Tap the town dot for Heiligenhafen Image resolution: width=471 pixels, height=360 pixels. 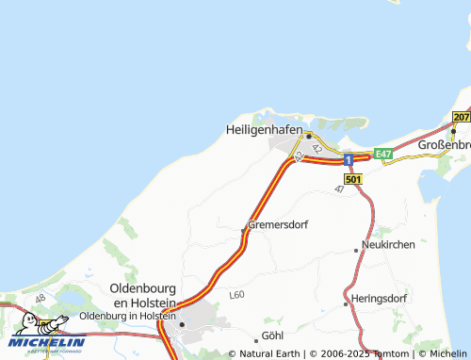(x=308, y=136)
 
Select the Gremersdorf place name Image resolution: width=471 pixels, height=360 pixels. (x=278, y=225)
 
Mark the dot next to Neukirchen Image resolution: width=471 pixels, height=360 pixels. (x=356, y=250)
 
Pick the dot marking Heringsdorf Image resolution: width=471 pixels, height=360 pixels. (x=347, y=303)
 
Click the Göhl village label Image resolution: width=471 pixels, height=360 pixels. (x=273, y=336)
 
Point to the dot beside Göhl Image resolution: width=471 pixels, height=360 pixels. (x=256, y=339)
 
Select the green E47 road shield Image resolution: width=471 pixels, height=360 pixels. (x=382, y=154)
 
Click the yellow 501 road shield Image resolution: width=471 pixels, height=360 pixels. (x=353, y=179)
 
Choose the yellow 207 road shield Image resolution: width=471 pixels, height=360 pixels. (x=461, y=117)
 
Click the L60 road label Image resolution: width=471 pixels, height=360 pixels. (x=236, y=295)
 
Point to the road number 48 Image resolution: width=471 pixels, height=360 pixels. (x=40, y=299)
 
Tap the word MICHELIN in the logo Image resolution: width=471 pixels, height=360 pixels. (x=47, y=342)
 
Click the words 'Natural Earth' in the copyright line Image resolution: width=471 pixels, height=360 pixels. (x=269, y=354)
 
